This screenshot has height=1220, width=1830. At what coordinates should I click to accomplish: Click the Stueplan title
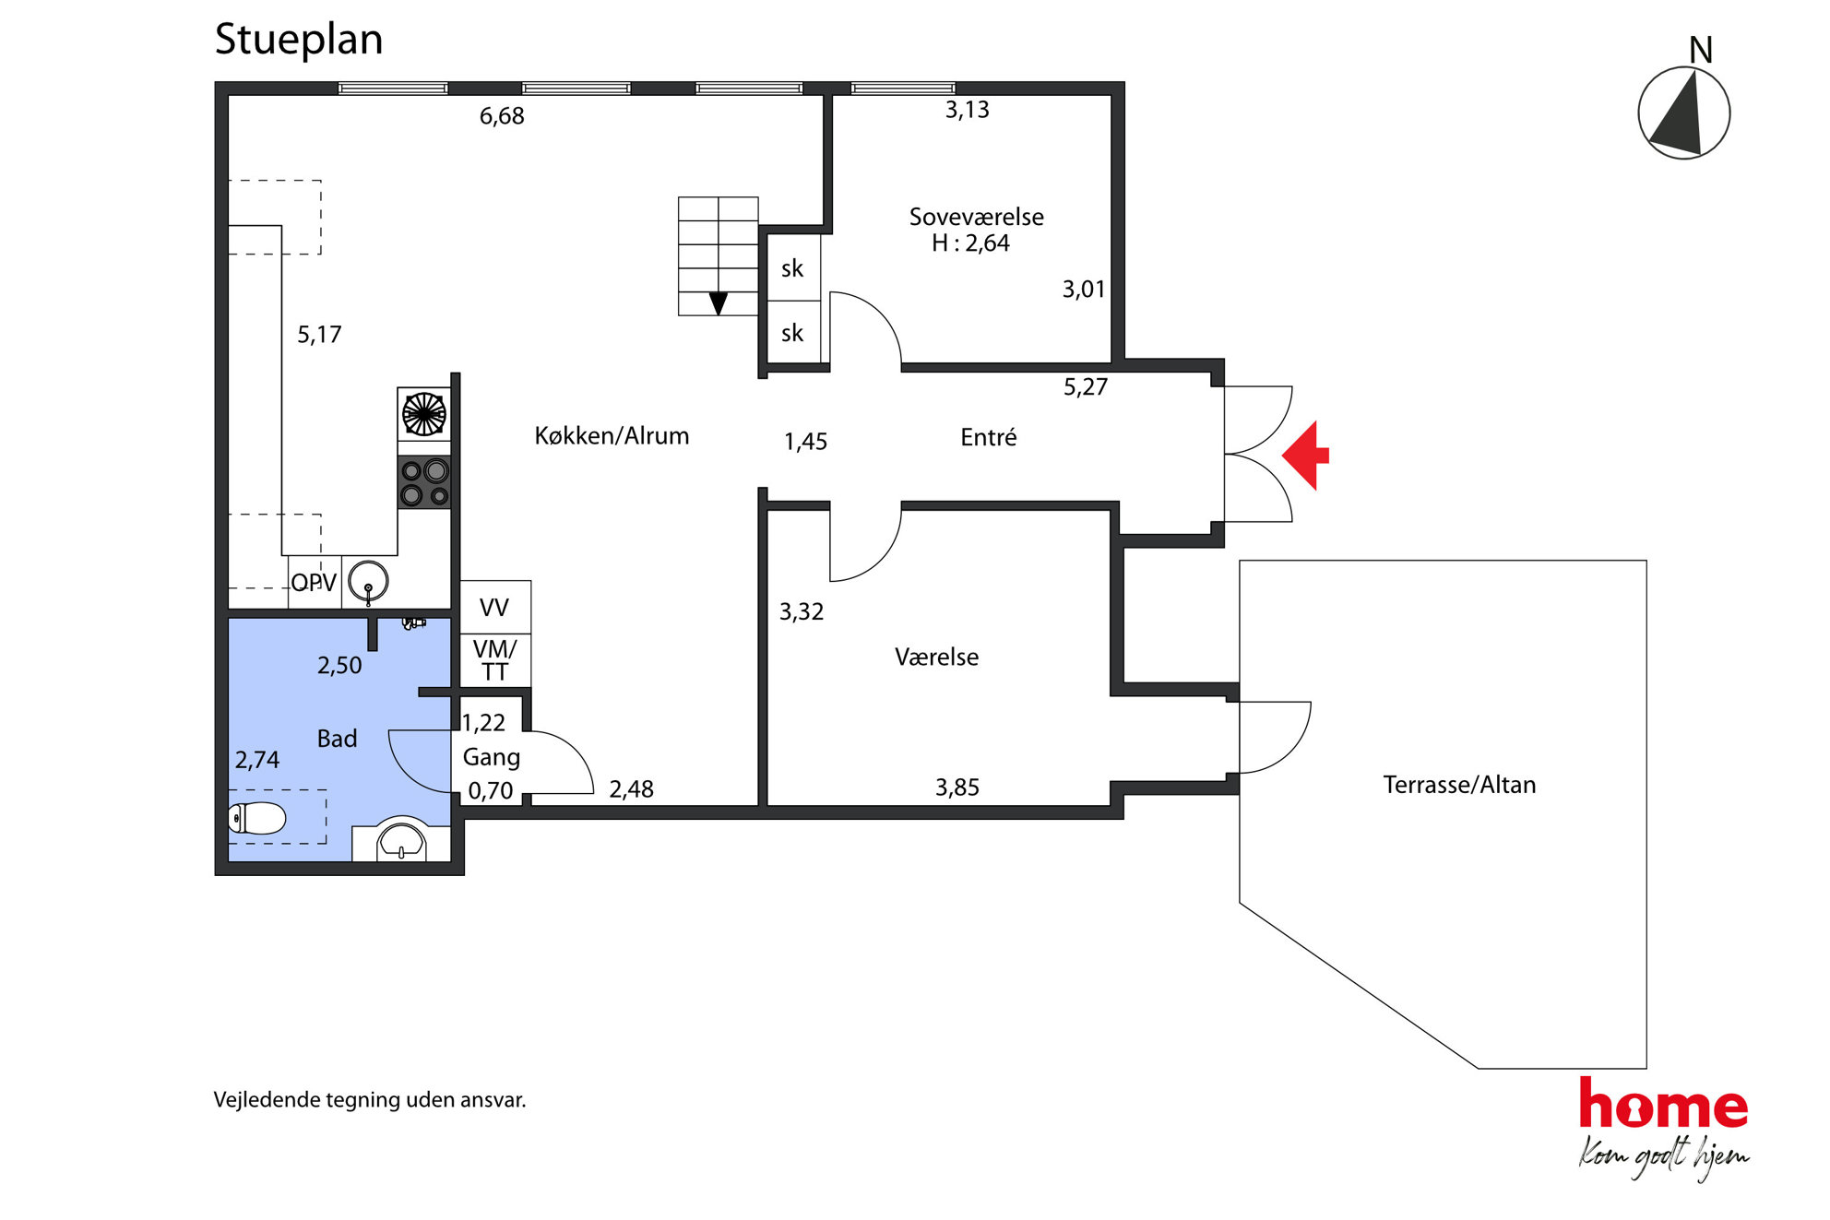pos(298,40)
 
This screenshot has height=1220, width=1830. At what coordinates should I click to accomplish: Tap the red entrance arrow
pos(1305,455)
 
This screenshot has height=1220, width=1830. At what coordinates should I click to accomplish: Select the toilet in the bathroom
pos(257,818)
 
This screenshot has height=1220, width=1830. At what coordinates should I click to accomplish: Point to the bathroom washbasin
pos(401,839)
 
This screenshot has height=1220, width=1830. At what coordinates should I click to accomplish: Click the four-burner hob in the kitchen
pos(424,482)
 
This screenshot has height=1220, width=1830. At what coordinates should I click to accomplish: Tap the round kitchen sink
pos(368,582)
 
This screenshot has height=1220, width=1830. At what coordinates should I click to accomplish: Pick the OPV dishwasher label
pos(314,583)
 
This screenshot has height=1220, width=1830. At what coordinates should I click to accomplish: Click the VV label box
pos(494,607)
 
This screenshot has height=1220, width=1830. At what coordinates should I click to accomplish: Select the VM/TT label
pos(494,660)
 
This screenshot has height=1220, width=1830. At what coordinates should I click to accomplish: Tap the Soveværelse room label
pos(977,218)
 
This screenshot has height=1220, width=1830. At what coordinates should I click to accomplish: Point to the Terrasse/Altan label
pos(1459,785)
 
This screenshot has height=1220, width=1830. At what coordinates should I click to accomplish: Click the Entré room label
pos(989,437)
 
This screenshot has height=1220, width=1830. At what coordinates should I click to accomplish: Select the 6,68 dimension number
pos(502,116)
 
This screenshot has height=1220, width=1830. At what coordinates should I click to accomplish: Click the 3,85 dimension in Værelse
pos(957,788)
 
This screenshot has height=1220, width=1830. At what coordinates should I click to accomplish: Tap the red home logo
pos(1663,1104)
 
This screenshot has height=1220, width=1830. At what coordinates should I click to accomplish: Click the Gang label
pos(492,758)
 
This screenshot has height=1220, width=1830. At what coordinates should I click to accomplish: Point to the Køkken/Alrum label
pos(612,436)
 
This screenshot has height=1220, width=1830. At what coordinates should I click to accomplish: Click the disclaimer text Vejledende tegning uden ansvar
pos(370,1100)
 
